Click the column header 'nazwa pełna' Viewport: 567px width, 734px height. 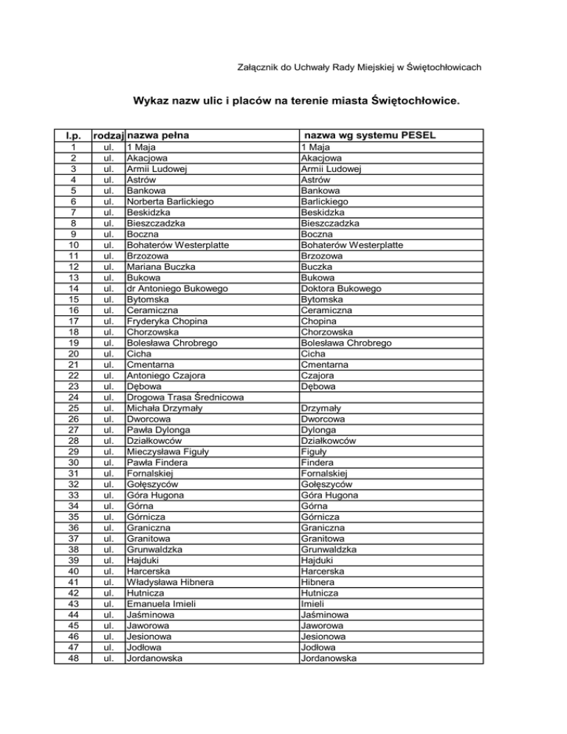(x=157, y=136)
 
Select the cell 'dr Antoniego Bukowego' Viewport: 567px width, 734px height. (x=176, y=287)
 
